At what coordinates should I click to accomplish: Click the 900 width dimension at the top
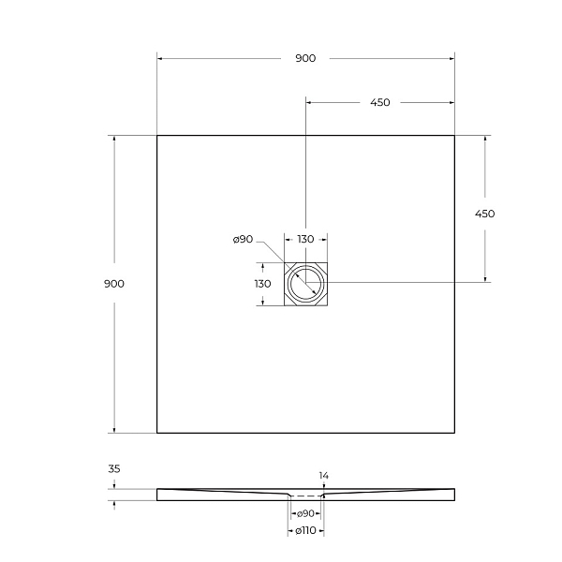tap(305, 58)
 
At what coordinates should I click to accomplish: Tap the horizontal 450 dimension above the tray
tap(379, 103)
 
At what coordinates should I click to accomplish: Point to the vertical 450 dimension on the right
tap(484, 214)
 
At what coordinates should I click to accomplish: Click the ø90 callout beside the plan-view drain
tap(243, 240)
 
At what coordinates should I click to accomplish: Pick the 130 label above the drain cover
tap(305, 240)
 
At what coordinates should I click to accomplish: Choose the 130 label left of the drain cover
tap(263, 284)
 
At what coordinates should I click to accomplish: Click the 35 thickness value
tap(114, 468)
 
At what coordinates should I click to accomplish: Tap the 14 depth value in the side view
tap(324, 476)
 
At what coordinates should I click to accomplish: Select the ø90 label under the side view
tap(305, 513)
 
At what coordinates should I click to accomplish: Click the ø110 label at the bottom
tap(305, 531)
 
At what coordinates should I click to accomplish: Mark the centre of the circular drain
tap(305, 283)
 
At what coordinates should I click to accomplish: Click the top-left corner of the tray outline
tap(157, 136)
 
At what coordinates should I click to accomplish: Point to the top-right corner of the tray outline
tap(454, 136)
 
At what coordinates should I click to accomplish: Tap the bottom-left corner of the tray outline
tap(157, 433)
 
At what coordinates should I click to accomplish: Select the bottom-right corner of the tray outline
tap(454, 433)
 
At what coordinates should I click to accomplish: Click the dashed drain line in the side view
tap(305, 495)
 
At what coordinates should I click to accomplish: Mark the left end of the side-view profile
tap(158, 494)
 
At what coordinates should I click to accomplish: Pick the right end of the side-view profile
tap(454, 494)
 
